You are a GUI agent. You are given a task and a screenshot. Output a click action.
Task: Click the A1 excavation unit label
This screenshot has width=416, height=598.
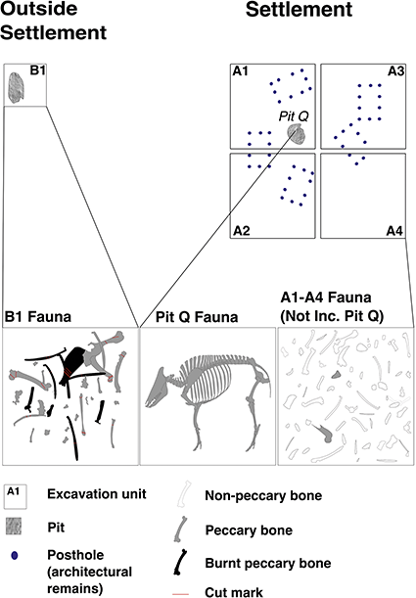[240, 71]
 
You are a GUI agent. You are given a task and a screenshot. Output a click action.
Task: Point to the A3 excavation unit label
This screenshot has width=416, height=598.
[395, 71]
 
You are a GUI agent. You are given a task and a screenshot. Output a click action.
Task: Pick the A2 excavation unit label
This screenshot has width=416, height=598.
[240, 231]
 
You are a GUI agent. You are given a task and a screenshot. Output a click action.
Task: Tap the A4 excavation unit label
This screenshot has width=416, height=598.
[395, 231]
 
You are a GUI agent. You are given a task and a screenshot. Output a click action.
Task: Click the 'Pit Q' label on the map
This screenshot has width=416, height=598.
[294, 115]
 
